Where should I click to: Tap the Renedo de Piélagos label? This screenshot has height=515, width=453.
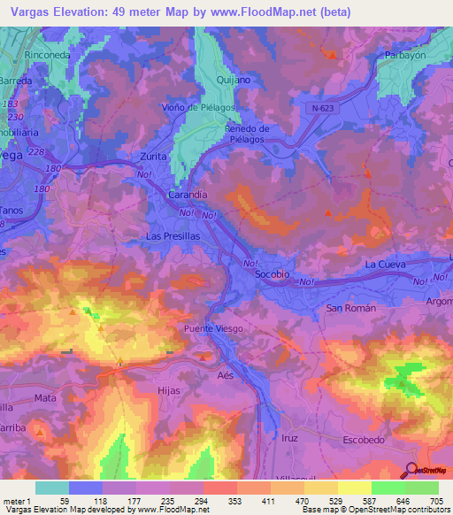pos(248,134)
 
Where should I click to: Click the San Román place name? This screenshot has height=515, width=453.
pos(351,308)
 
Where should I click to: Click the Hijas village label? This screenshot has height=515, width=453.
pos(168,390)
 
